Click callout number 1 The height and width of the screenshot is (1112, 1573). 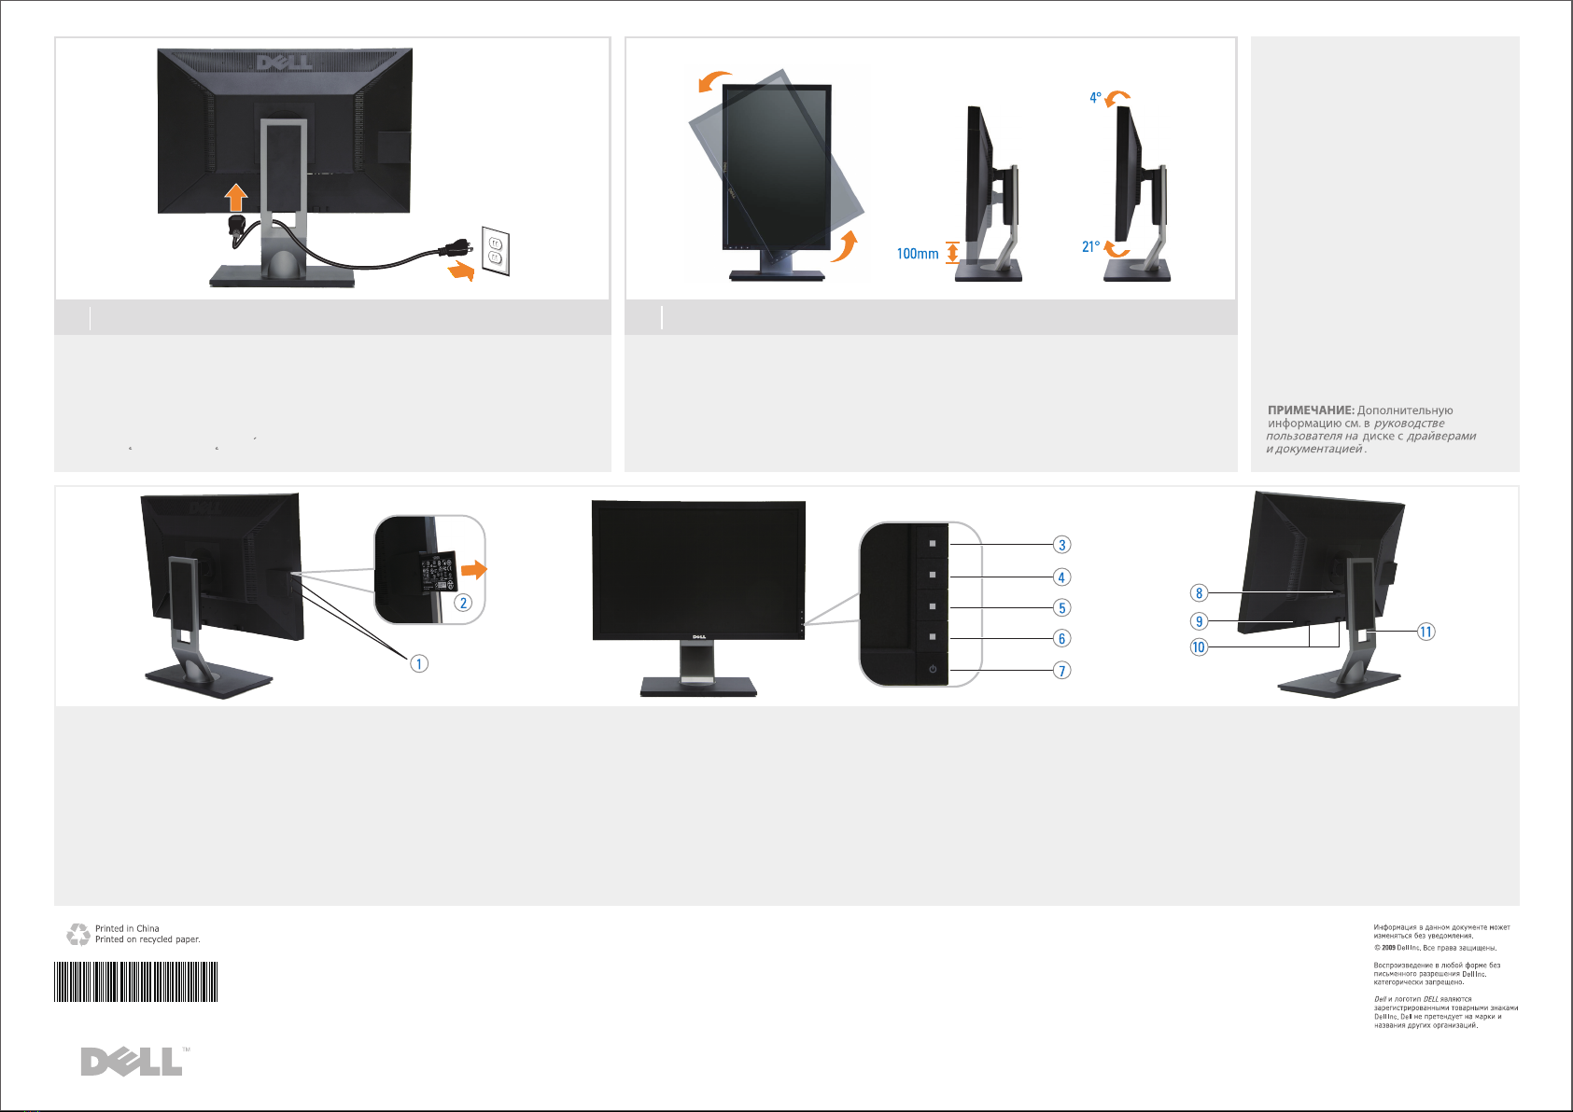[x=419, y=663]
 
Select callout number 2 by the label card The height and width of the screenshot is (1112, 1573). [x=463, y=603]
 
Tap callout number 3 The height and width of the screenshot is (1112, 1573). [x=1061, y=545]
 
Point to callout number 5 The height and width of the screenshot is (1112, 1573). [x=1061, y=608]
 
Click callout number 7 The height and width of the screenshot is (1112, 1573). [x=1061, y=671]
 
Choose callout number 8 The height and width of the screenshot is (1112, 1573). [x=1200, y=593]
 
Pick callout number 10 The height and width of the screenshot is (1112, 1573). [x=1199, y=647]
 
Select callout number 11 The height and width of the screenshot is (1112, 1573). [x=1426, y=632]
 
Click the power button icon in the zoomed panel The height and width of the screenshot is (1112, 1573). [x=933, y=669]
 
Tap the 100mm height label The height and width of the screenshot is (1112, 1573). [x=918, y=254]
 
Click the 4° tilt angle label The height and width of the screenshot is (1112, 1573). [x=1096, y=98]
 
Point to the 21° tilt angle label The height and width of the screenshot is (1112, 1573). [x=1090, y=247]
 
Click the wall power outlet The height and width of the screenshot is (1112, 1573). [x=496, y=250]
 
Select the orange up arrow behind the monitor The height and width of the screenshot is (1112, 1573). [x=236, y=197]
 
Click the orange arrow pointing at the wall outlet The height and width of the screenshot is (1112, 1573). [x=461, y=271]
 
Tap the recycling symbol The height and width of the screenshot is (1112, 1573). [x=78, y=934]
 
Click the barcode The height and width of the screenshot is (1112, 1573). [x=136, y=981]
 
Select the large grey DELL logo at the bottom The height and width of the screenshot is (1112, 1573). [x=132, y=1062]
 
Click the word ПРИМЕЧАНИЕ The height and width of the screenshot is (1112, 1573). [x=1311, y=410]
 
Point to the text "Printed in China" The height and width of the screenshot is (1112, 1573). [x=127, y=928]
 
